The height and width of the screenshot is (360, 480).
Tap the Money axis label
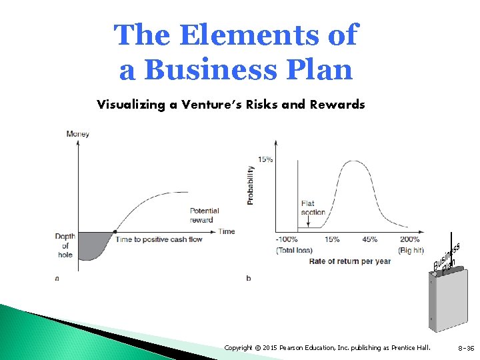(x=77, y=134)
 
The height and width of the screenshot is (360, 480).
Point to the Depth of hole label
(x=65, y=245)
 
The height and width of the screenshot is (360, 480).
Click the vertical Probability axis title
(x=250, y=184)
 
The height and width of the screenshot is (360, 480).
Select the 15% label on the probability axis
(x=265, y=159)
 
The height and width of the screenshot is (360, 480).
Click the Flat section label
(x=313, y=208)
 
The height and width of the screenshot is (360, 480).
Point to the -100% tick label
(x=287, y=239)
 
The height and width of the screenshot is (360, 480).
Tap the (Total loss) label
(x=293, y=250)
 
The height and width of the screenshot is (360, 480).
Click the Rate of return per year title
(x=349, y=261)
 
